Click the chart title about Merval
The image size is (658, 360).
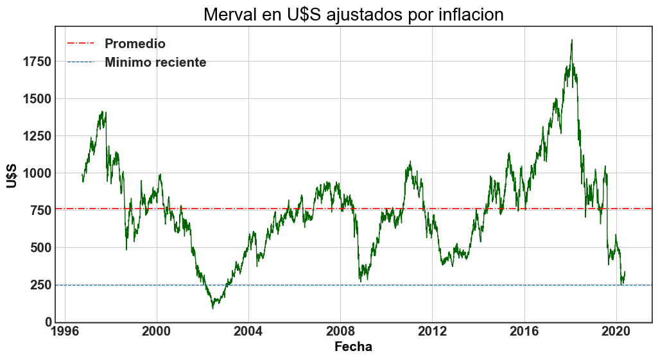353,14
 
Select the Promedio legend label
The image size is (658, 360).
135,44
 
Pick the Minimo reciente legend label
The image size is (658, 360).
155,62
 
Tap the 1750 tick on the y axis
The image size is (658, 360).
36,62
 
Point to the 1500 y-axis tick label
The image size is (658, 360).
36,99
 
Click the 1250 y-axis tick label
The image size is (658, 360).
36,136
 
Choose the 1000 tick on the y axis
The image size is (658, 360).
36,173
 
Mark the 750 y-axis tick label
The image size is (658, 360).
40,210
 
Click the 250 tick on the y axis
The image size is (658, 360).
40,285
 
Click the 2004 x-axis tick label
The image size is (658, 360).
248,334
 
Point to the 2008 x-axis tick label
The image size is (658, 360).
340,334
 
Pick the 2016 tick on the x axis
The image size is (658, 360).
524,334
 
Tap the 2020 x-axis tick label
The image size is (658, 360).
616,334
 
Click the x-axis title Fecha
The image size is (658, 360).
353,347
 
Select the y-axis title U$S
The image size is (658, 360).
12,176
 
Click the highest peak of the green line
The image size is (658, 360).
571,40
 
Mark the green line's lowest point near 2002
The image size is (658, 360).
212,308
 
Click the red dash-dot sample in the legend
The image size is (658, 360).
80,44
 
